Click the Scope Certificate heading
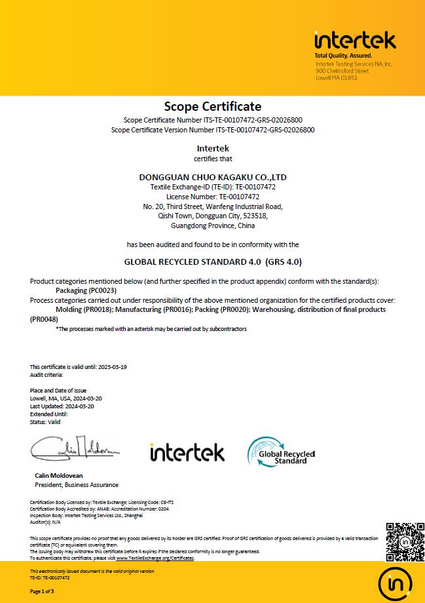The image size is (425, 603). [212, 106]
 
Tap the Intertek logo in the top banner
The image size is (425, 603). [355, 41]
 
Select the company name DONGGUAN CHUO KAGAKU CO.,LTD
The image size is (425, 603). [213, 177]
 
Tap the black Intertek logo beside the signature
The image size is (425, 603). [187, 452]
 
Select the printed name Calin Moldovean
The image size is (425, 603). [59, 475]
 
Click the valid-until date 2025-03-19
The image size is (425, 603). [112, 367]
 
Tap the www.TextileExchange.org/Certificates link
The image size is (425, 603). [155, 558]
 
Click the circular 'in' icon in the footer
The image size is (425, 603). [396, 583]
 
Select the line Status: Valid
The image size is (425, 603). [45, 422]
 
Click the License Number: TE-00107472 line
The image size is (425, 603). [213, 196]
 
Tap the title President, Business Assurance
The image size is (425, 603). [77, 485]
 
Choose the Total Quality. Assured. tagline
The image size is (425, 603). [343, 56]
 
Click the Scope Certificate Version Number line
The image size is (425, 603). [213, 130]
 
